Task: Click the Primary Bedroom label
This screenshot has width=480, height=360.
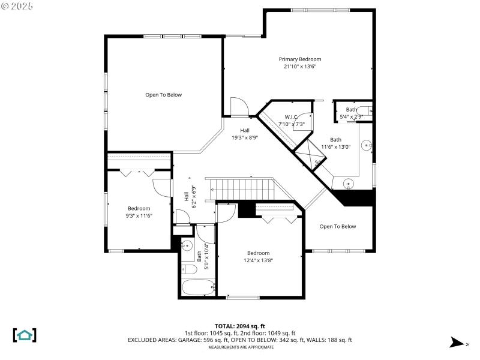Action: [x=300, y=59]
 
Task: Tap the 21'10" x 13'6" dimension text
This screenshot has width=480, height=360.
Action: [x=300, y=67]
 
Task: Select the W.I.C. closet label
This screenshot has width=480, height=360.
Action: [x=291, y=116]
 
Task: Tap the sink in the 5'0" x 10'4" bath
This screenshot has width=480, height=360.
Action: [x=187, y=245]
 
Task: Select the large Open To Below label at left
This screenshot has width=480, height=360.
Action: [x=163, y=95]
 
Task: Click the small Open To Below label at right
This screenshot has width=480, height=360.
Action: [x=337, y=226]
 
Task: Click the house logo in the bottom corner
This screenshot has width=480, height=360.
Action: [x=25, y=335]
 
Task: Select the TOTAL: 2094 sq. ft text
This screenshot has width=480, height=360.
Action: [x=240, y=325]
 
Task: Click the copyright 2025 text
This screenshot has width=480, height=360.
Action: [x=18, y=5]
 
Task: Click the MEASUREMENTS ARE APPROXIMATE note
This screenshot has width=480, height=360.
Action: [x=240, y=347]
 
